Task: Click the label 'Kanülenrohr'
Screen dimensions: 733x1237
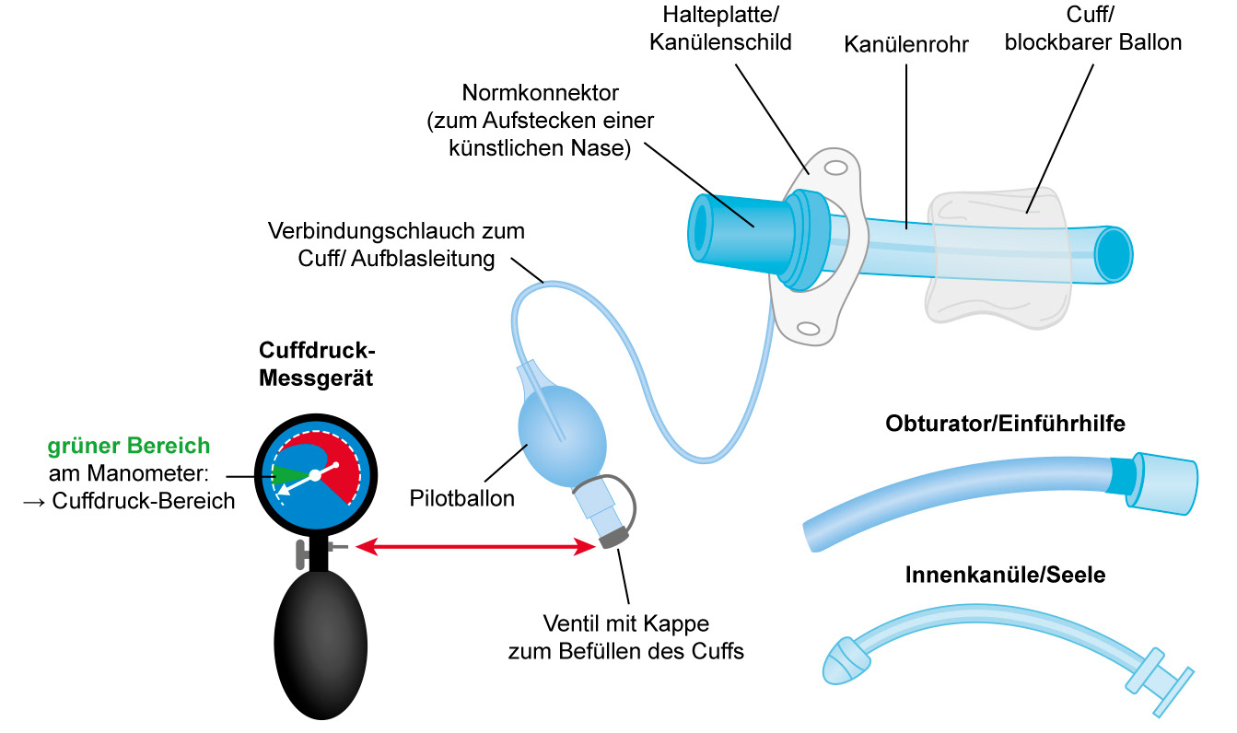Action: click(906, 44)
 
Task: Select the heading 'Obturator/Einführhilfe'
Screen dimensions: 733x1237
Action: click(1005, 425)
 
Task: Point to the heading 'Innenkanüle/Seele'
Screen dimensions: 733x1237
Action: click(1005, 576)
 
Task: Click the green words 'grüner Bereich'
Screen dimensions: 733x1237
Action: click(128, 447)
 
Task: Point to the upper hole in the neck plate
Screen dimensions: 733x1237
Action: click(835, 169)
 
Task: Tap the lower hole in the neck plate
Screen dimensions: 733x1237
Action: click(808, 328)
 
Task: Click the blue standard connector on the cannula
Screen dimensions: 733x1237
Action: click(737, 226)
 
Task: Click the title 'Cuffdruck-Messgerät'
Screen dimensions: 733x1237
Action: click(318, 365)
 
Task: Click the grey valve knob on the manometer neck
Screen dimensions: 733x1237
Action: click(302, 554)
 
